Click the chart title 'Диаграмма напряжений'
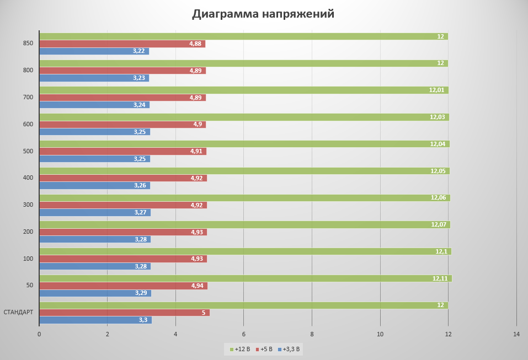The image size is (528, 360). click(x=263, y=14)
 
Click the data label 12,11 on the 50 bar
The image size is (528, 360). click(x=440, y=278)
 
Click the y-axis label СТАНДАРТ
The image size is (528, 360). click(x=18, y=312)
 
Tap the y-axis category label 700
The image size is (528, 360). click(x=28, y=97)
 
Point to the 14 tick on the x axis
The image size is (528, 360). click(x=516, y=334)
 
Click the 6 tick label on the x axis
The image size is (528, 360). click(x=244, y=334)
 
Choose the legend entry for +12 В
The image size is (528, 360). click(x=239, y=349)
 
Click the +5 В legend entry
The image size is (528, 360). click(x=264, y=349)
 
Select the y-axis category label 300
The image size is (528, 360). click(x=28, y=205)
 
